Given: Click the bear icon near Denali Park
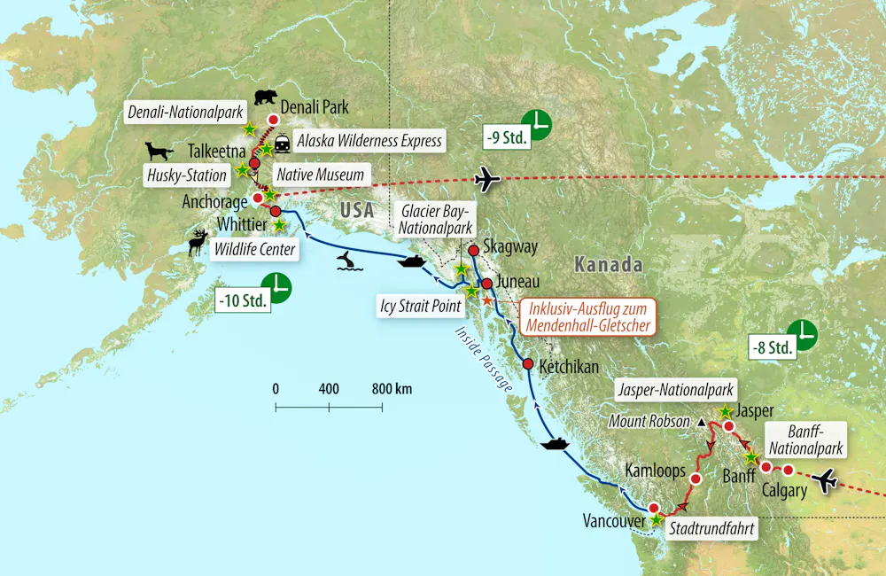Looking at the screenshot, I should point(265,97).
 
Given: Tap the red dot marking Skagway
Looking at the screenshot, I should point(473,251).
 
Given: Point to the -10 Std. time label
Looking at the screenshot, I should point(242,300).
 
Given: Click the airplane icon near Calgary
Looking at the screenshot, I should point(826,481).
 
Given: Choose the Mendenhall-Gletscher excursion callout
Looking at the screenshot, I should point(589,317).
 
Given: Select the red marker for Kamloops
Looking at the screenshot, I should point(696,479).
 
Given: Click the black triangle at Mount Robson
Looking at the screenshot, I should point(702,422).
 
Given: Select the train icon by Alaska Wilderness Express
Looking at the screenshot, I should point(283,142).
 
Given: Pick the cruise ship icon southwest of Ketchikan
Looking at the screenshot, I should point(555,442).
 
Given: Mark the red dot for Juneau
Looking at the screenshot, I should point(486,284).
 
